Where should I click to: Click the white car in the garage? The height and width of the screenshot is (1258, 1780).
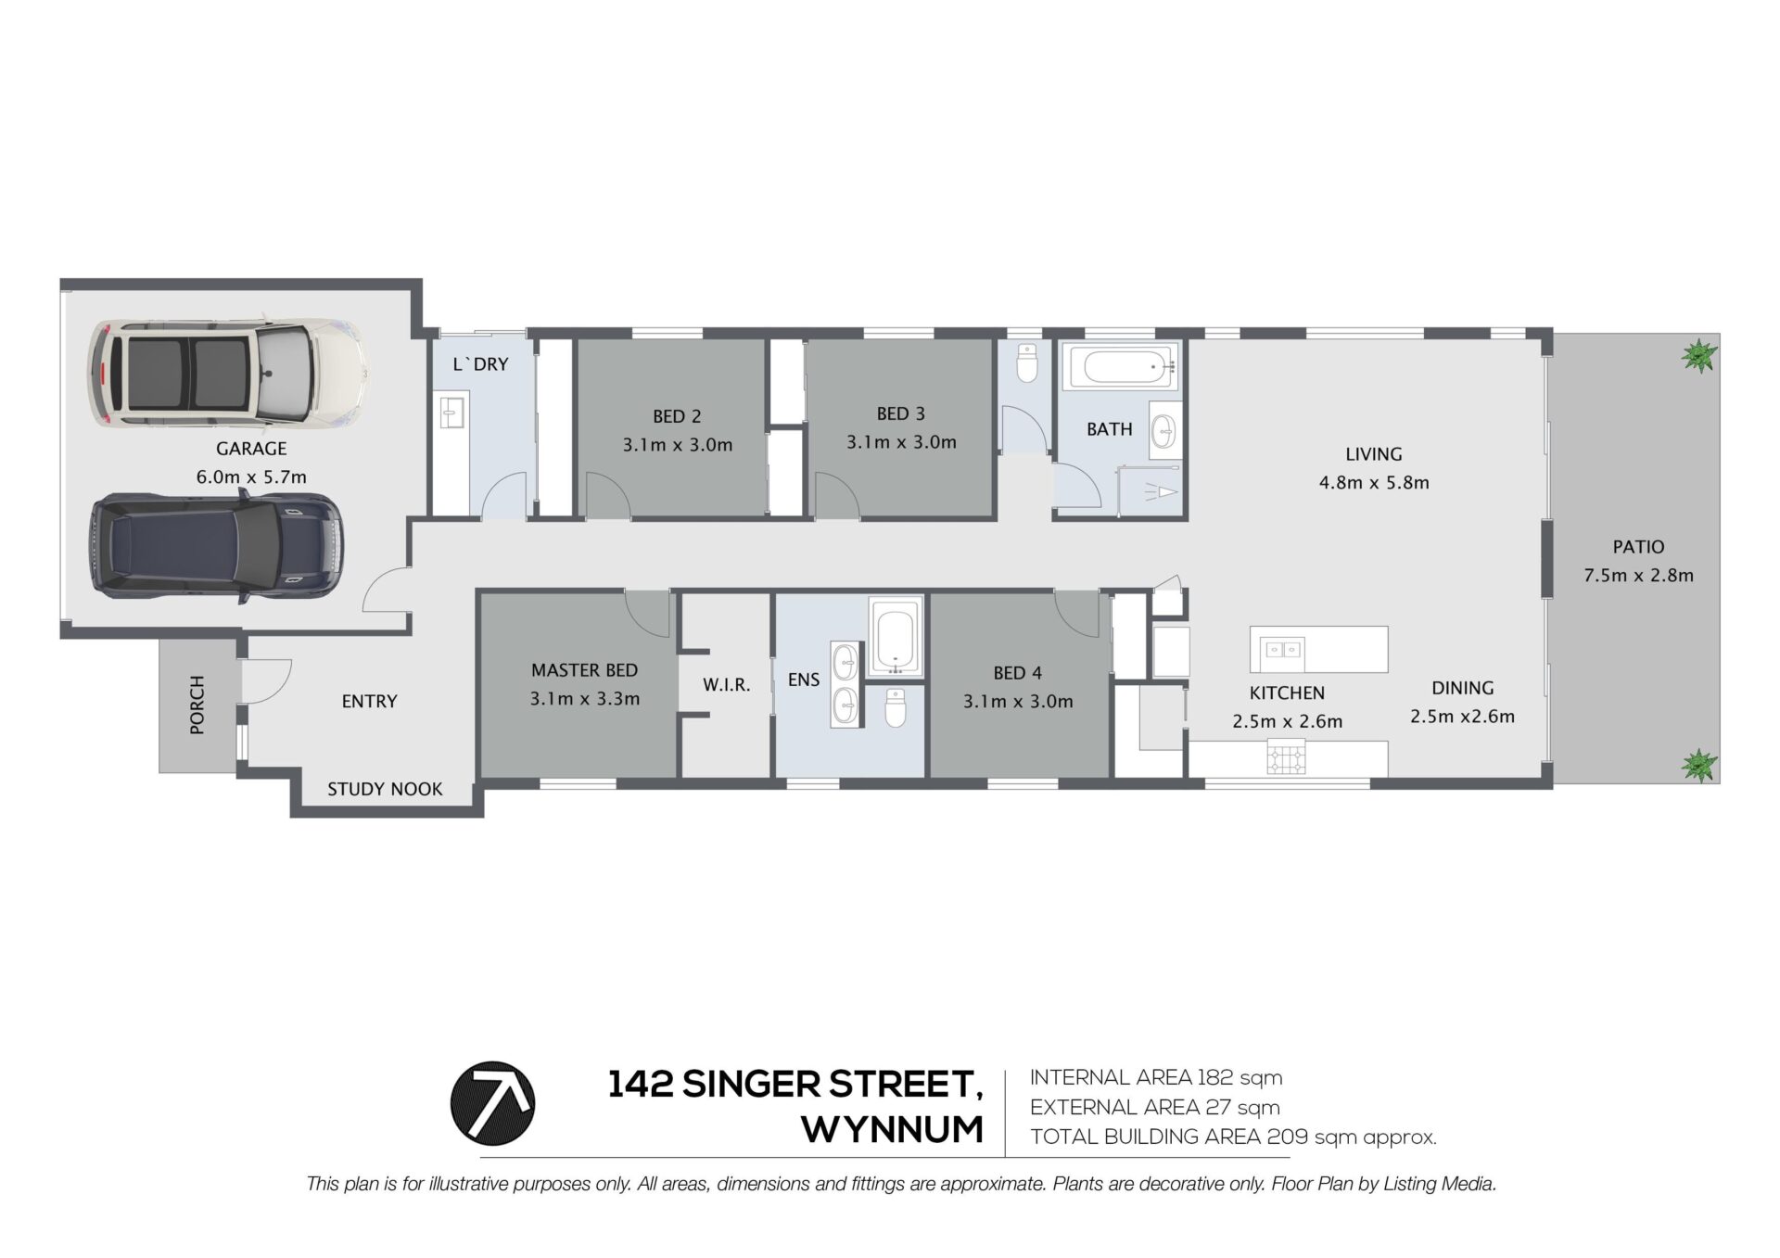228,374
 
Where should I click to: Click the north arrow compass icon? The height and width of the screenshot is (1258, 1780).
492,1103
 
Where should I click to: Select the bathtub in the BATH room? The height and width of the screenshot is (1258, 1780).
1120,367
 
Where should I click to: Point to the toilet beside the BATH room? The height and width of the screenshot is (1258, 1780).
1026,363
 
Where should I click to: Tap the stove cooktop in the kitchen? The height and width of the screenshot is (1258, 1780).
1287,758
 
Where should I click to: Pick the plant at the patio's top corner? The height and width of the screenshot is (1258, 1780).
1698,355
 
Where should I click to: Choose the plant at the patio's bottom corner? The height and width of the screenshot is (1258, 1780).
1698,765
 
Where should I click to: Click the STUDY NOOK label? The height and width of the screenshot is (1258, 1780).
385,789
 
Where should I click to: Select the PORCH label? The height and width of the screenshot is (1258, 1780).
197,705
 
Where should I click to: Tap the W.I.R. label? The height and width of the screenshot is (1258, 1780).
726,685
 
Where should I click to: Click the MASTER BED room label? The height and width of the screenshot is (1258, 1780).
584,669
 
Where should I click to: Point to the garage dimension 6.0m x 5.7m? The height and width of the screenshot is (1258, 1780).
251,477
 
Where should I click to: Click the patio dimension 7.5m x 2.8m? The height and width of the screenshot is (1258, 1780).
1638,575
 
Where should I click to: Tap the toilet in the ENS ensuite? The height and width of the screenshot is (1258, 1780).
896,707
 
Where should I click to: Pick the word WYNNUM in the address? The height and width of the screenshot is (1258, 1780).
893,1129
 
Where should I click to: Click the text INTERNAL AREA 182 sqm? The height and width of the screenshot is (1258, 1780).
1156,1077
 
